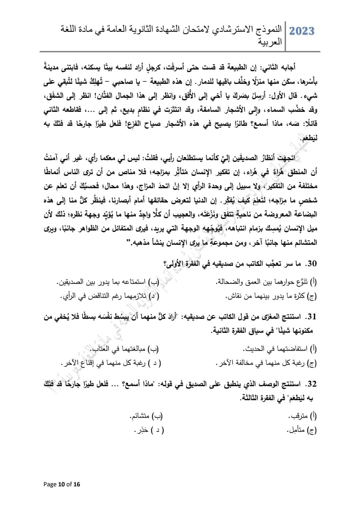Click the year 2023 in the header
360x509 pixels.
point(302,31)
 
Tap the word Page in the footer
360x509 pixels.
point(50,484)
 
